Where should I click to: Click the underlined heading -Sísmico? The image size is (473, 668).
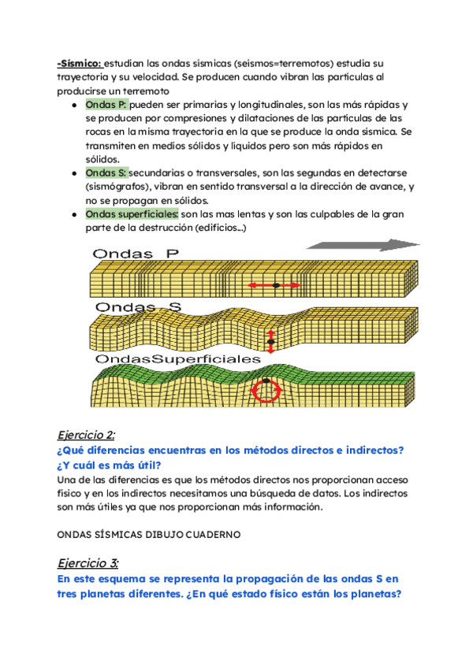coord(80,63)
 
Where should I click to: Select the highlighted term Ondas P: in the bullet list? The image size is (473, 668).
coord(106,105)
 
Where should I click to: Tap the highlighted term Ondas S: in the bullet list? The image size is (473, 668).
coord(106,173)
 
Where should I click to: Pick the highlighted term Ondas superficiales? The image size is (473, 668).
coord(132,213)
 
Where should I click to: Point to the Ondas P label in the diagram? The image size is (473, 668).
coord(136,254)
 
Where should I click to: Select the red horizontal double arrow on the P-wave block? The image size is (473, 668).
coord(276,284)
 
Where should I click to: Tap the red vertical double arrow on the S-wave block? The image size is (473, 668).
coord(271,340)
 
